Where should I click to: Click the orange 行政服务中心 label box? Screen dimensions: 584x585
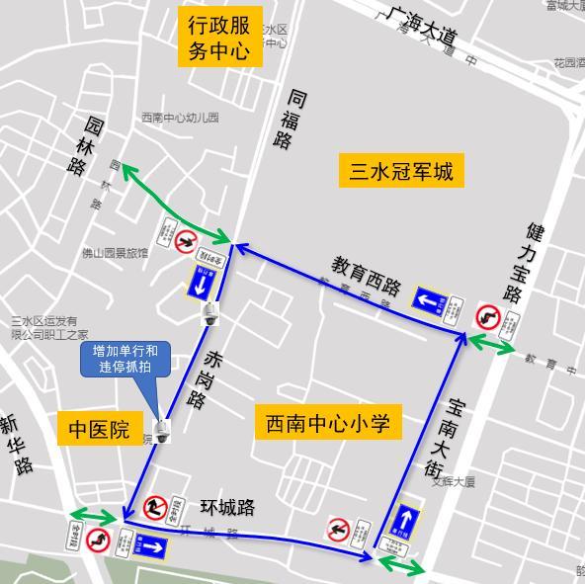[219, 39]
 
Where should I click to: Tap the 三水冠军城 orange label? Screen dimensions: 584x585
[401, 172]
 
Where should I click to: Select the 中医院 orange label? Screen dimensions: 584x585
[99, 430]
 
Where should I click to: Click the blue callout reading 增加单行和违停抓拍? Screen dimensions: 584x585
[125, 360]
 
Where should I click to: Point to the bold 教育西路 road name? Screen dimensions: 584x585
[367, 276]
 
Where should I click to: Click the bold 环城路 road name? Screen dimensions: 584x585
[227, 508]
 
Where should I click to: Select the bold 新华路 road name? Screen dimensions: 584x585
[17, 444]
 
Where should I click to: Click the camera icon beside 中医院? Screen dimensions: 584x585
[161, 430]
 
